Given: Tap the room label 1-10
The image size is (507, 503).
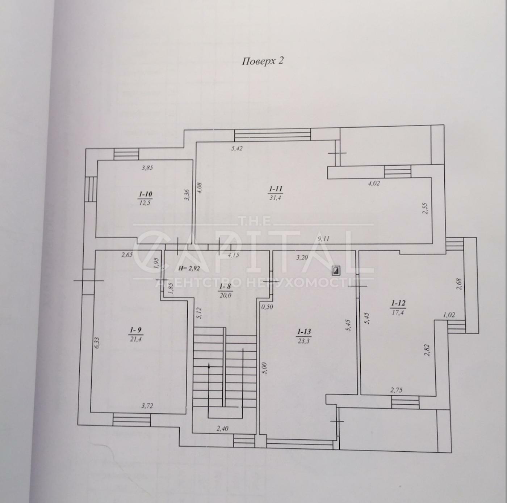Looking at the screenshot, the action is (x=145, y=194).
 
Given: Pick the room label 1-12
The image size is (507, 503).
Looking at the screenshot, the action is (x=398, y=303).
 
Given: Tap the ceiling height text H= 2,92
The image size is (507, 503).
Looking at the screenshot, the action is (x=189, y=269).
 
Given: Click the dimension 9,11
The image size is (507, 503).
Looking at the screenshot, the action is (x=324, y=239).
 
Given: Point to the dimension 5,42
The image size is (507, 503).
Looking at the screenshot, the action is (x=237, y=149).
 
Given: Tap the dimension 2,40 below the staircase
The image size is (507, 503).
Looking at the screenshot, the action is (x=222, y=429).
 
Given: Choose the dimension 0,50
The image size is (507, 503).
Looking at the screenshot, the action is (x=267, y=306).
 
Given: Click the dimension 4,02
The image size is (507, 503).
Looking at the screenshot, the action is (x=374, y=183).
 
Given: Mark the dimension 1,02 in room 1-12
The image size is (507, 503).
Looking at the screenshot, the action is (x=449, y=315).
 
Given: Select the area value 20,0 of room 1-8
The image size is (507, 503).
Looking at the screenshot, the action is (x=225, y=295).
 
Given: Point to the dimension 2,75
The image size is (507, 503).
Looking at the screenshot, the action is (x=396, y=390).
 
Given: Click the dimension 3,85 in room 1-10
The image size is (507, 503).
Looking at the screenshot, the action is (x=147, y=168).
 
